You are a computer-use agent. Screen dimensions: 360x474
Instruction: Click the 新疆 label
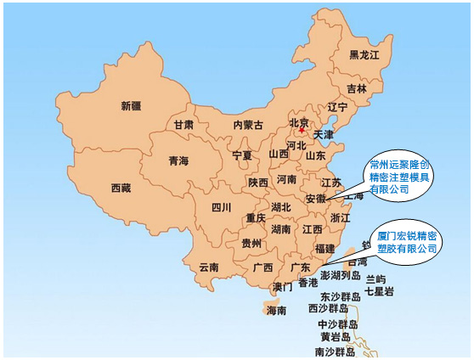tap(131, 106)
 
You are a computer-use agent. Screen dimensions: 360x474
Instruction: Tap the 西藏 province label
tap(121, 188)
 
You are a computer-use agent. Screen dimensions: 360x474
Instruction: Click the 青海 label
tap(178, 161)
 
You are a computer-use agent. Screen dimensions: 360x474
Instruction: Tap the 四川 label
tap(221, 207)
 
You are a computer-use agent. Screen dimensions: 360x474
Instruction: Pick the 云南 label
tap(209, 267)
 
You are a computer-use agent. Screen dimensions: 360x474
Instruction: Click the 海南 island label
tap(277, 311)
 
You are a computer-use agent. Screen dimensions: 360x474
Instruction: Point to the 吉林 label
tap(357, 88)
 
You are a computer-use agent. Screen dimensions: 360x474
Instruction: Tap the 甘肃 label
tap(183, 125)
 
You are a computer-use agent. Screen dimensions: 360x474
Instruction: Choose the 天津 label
tap(324, 134)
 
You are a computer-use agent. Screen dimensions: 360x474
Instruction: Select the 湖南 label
tap(281, 229)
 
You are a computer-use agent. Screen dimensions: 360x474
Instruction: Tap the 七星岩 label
tap(378, 290)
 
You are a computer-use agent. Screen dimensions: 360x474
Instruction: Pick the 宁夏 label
tap(242, 156)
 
